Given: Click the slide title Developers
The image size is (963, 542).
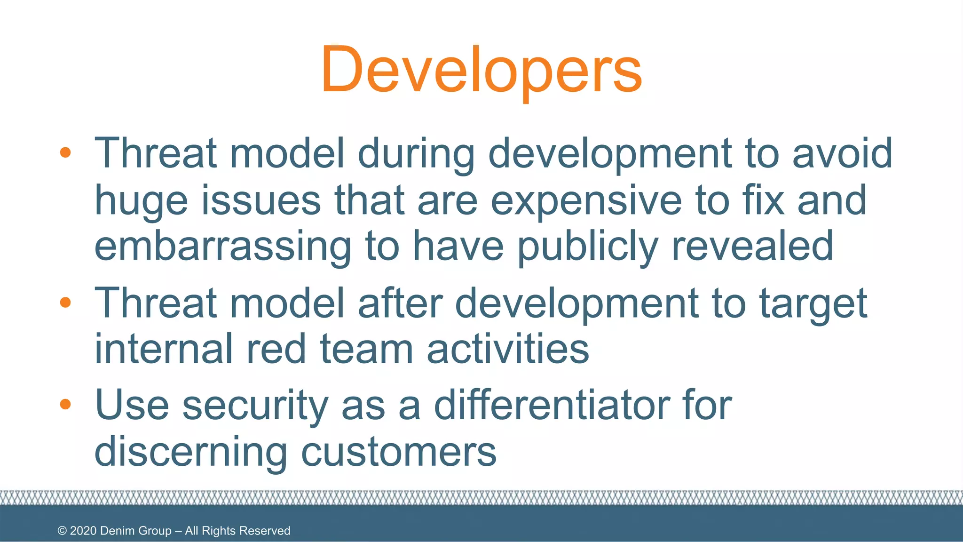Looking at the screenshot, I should tap(481, 70).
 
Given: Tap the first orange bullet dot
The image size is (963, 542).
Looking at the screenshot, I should tap(65, 152).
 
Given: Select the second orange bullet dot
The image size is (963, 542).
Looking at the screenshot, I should tap(65, 302).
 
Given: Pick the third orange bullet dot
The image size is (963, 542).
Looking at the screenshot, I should tap(65, 404).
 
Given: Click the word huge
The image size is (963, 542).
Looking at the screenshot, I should tap(141, 201).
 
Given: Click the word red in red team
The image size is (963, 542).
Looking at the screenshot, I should tap(276, 349).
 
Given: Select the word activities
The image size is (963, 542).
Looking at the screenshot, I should tap(508, 349).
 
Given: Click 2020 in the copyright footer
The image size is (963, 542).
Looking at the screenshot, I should tap(83, 531).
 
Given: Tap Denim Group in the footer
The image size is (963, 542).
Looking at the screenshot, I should tap(136, 531).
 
